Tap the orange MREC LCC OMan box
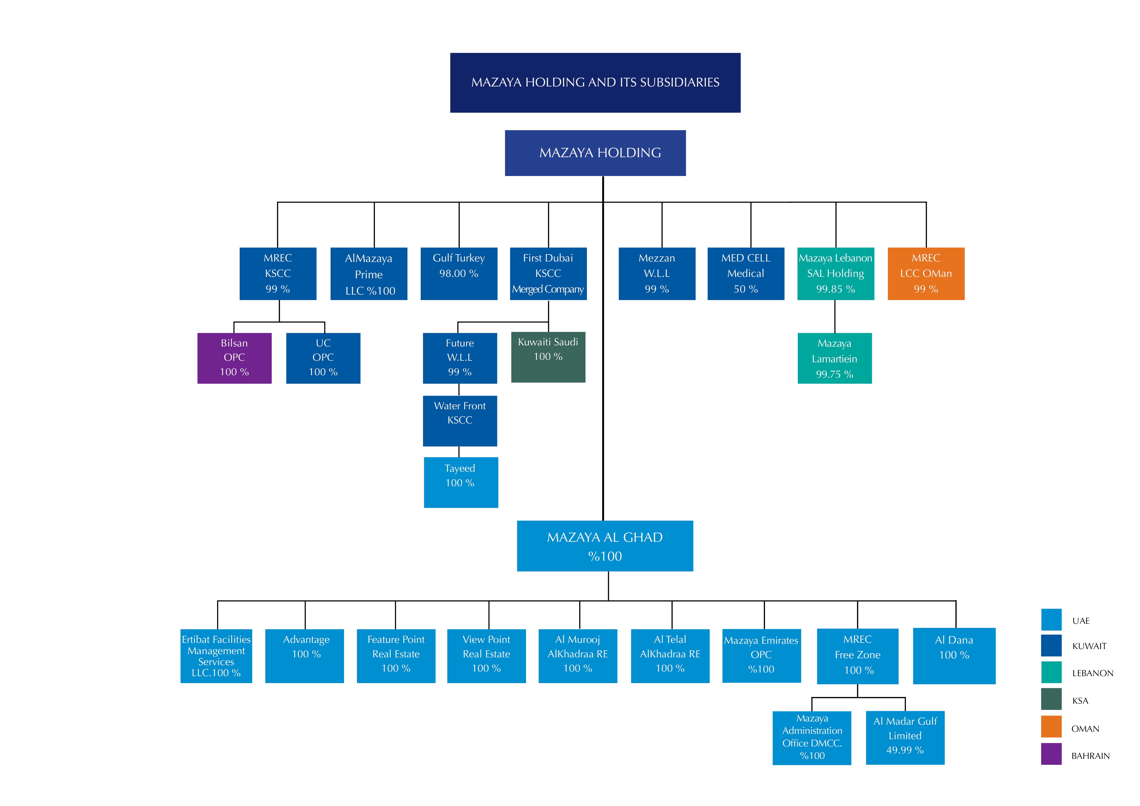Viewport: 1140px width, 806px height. pos(926,273)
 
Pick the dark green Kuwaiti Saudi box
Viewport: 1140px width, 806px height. pos(548,357)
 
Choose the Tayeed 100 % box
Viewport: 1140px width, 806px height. pos(461,482)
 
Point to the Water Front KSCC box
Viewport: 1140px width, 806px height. pos(460,421)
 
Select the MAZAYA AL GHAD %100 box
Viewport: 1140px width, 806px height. pos(605,546)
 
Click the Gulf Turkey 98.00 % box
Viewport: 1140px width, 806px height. pos(459,273)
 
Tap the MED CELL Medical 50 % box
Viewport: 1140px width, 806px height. pos(746,273)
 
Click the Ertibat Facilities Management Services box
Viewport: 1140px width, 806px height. pos(216,656)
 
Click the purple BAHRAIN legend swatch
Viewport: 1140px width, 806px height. pos(1051,754)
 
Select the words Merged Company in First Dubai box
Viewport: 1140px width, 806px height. pos(548,289)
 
